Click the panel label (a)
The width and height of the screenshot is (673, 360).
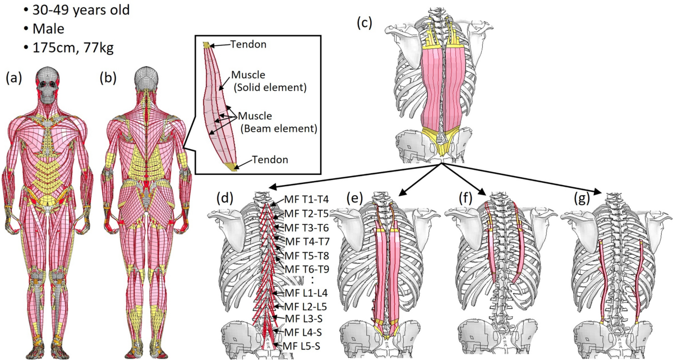point(14,79)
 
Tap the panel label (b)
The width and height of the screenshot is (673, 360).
point(108,79)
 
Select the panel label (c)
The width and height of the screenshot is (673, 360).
point(366,22)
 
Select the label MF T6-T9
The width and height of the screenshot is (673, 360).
point(308,268)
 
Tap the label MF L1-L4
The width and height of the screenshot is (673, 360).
point(308,293)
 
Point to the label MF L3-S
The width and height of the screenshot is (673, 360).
point(306,319)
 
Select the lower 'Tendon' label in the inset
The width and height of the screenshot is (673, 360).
point(270,160)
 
